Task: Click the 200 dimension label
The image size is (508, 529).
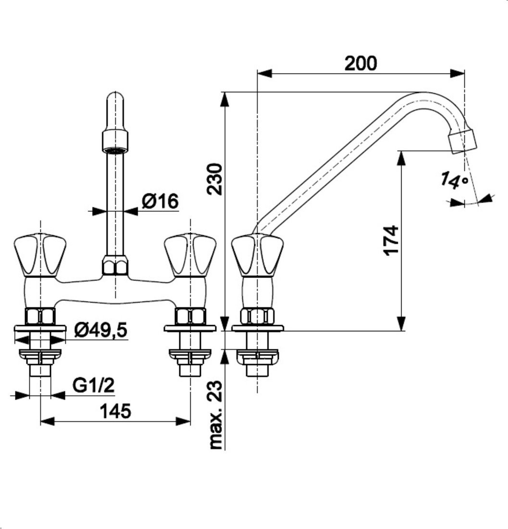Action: pyautogui.click(x=361, y=63)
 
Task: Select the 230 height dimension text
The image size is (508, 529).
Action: pyautogui.click(x=215, y=179)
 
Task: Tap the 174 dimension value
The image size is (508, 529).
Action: pyautogui.click(x=392, y=240)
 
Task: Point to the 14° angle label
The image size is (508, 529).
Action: pyautogui.click(x=454, y=181)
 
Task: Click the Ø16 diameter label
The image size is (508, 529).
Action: pyautogui.click(x=160, y=201)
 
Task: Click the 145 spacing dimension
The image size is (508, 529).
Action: pyautogui.click(x=115, y=411)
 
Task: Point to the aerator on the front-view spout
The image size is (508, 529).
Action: pyautogui.click(x=115, y=141)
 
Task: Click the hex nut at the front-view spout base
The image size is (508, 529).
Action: pyautogui.click(x=115, y=266)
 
